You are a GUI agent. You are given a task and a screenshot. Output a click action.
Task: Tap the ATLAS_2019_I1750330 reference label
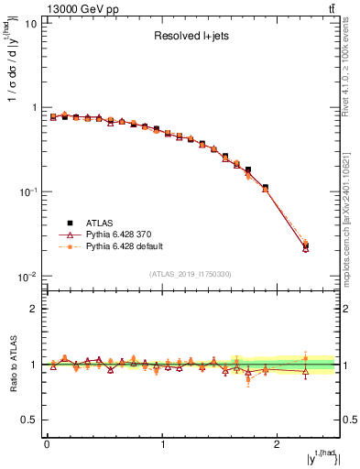pos(190,274)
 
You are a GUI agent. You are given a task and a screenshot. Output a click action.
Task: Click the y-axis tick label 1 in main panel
pos(35,108)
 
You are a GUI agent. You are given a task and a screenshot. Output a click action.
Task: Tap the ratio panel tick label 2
pos(35,309)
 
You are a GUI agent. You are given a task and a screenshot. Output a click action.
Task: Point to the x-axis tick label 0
pos(47,444)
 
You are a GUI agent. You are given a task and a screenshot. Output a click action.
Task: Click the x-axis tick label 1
pos(162,444)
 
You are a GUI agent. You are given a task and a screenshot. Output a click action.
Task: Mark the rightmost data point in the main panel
pos(306,245)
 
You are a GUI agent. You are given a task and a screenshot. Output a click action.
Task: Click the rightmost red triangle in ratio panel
pos(306,371)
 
